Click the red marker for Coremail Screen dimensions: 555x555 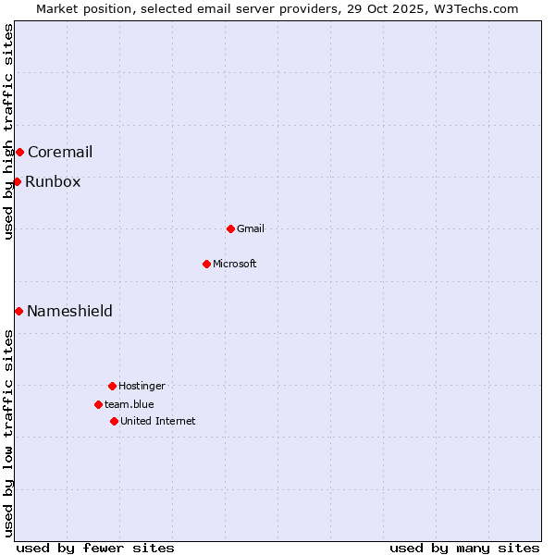[19, 152]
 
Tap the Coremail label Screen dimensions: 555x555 [60, 153]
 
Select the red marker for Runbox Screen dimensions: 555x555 [17, 181]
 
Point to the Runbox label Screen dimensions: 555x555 [53, 182]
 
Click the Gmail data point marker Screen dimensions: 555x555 [230, 228]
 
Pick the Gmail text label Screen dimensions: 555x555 [251, 229]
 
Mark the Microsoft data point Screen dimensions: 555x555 [206, 264]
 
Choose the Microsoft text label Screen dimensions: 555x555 [235, 265]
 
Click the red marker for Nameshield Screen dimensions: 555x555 [18, 311]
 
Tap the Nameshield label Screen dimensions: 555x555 [69, 312]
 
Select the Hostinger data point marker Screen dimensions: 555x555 [112, 386]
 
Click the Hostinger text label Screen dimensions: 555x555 [142, 387]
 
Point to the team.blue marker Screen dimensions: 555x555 [98, 404]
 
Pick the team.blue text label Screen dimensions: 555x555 [129, 405]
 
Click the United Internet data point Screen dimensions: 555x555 [114, 421]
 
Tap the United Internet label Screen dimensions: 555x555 [158, 422]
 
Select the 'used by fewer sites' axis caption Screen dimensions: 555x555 [95, 548]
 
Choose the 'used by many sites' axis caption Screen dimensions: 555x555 [464, 548]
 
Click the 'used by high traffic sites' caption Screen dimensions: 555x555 [8, 131]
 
